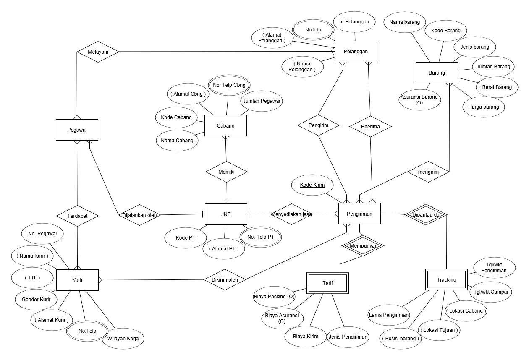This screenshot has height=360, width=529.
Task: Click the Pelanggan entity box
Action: tap(356, 52)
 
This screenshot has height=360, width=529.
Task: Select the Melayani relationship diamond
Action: tap(98, 52)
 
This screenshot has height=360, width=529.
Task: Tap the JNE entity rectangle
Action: tap(226, 214)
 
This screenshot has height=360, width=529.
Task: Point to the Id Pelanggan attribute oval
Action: tap(354, 22)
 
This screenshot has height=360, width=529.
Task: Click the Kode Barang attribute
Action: tap(446, 31)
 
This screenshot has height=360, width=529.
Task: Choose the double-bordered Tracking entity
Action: tap(446, 280)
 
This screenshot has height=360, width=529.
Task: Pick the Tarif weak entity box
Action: tap(327, 283)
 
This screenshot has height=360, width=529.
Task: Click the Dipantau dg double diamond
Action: tap(426, 214)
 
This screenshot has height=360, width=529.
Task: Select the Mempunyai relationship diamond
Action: tap(363, 246)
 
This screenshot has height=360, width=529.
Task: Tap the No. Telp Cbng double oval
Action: tap(229, 85)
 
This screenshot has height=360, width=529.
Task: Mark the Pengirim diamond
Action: tap(318, 125)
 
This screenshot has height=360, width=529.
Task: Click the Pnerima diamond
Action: tap(370, 127)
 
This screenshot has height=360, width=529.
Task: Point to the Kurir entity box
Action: tap(77, 280)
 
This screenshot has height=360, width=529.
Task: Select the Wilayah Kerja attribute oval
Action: tap(123, 339)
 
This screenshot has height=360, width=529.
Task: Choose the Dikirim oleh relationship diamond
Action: tap(225, 280)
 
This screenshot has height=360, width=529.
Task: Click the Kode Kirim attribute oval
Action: tap(312, 185)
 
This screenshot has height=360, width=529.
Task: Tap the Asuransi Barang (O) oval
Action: tap(420, 99)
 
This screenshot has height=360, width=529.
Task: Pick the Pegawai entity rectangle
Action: tap(77, 130)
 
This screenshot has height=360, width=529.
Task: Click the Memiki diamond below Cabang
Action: tap(226, 172)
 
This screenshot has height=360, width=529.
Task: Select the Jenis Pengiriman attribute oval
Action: tap(348, 337)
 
